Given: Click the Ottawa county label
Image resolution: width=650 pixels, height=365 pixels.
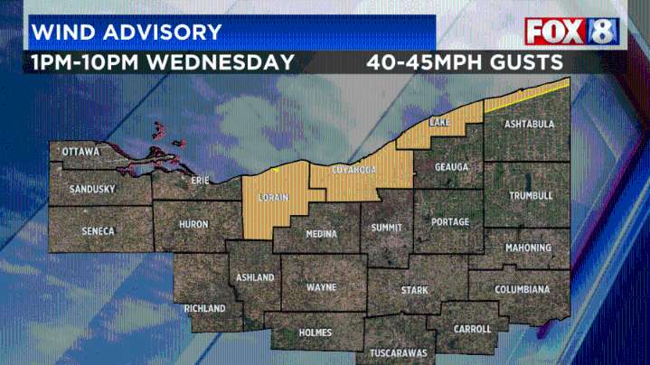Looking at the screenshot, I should (80, 152).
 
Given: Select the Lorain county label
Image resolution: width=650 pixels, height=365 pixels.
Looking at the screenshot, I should (273, 197).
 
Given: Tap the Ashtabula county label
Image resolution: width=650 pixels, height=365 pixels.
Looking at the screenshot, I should (529, 124).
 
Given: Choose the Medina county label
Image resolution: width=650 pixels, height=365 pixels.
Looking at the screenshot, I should (321, 234).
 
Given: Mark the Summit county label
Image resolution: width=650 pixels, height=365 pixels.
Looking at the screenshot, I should (386, 228).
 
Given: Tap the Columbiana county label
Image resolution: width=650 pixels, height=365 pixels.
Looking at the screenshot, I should (522, 289).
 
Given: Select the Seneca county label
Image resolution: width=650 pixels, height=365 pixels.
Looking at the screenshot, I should (98, 231).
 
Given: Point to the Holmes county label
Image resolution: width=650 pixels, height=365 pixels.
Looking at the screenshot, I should (316, 332).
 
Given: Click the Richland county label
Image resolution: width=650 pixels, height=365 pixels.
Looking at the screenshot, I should (204, 308).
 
